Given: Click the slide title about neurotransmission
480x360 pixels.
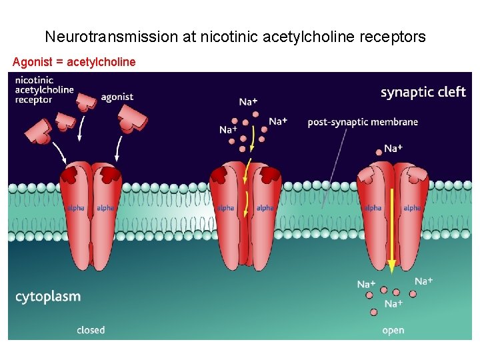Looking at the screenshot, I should coord(235,37).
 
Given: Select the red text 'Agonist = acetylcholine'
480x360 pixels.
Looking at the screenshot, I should coord(74,62).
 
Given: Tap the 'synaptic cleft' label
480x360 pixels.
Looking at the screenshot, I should coord(423,92).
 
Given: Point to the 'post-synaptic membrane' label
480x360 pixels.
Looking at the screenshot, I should coord(363,122).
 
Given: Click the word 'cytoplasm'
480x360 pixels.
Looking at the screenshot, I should coord(48,297).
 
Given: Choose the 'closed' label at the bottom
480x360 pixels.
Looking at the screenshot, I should coord(91,329).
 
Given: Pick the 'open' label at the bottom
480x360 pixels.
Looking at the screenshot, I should coord(393,330).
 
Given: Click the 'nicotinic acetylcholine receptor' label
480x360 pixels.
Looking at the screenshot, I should coord(43,90).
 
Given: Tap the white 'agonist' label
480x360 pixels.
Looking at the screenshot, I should coord(117,97).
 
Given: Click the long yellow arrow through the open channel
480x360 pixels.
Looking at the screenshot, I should coord(391,227).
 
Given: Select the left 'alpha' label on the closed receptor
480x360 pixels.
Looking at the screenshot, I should coord(76,208).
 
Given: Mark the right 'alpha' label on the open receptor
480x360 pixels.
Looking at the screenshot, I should coord(412,208).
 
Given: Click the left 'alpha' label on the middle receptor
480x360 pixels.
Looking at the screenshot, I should coord(225,208).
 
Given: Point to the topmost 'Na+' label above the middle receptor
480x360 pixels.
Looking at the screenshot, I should coord(249,102).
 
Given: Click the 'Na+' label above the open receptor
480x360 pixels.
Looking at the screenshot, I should coord(393,148).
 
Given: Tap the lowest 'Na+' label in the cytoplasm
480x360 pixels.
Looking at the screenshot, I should coord(393,304).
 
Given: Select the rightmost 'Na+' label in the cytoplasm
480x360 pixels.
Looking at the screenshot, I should coord(423,281).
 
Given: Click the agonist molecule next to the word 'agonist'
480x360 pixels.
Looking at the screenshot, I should coord(87,101).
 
